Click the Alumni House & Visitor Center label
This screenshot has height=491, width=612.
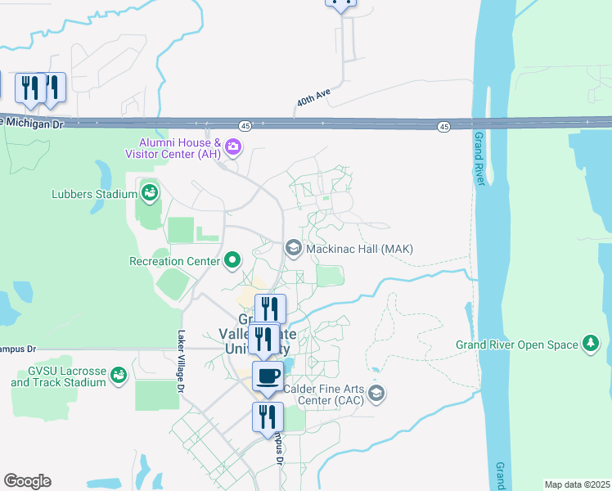coord(173,147)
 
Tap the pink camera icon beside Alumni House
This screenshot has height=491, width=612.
coord(233,147)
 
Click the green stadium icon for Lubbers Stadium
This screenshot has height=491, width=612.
coord(149,193)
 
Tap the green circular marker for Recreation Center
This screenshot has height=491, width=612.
coord(233,261)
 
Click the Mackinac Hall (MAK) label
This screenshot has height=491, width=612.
coord(360,249)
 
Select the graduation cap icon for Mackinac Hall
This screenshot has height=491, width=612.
coord(293,248)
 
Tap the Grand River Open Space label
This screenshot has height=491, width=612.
coord(517,345)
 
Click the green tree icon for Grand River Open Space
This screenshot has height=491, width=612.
coord(589,342)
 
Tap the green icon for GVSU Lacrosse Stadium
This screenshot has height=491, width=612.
coord(119,375)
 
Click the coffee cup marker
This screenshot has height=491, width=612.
coord(268,376)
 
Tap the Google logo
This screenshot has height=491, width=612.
coord(27,481)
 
